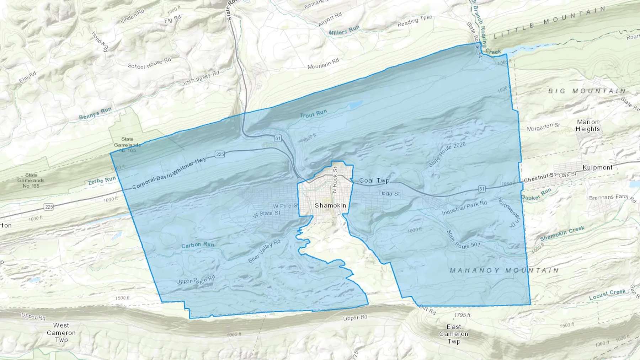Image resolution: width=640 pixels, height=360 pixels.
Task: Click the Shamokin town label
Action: (x=330, y=205)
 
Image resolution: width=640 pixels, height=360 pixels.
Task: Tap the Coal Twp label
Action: (x=374, y=181)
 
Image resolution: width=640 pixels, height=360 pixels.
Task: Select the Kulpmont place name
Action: (x=597, y=167)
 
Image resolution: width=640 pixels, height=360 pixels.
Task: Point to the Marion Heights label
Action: (x=588, y=125)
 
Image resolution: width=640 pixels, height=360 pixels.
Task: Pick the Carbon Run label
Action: (x=198, y=245)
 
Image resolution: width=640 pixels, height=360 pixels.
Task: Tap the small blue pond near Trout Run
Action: (x=356, y=105)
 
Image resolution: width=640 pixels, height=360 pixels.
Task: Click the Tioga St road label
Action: (x=389, y=193)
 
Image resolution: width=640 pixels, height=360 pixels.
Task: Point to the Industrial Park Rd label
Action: (x=464, y=208)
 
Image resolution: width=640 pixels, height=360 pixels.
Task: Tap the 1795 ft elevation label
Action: (x=462, y=315)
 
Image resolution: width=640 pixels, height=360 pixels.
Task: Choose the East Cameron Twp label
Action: (x=454, y=334)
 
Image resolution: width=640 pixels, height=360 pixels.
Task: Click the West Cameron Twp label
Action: (x=61, y=333)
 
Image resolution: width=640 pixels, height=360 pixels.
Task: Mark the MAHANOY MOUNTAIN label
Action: (x=504, y=270)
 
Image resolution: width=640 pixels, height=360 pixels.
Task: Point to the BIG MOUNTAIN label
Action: (x=587, y=91)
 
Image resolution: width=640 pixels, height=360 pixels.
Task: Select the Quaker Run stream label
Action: (x=537, y=194)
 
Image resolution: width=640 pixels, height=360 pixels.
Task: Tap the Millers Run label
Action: (x=344, y=31)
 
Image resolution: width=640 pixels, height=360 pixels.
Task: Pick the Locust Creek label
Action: (x=607, y=294)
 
